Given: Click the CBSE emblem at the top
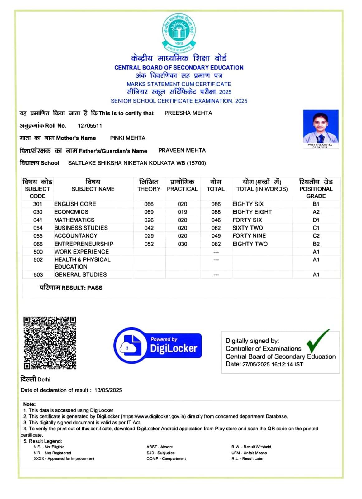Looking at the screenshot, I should tap(179, 33).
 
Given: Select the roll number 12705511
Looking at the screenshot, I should tap(90, 126).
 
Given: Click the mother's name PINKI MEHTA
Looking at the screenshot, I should tap(127, 138).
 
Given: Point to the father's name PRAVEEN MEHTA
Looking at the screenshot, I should tap(182, 150).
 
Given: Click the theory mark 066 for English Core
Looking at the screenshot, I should tap(149, 204).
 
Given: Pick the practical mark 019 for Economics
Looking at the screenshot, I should tap(182, 212).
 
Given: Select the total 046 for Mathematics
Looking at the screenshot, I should tap(216, 220).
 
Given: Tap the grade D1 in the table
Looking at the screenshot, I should tap(316, 220).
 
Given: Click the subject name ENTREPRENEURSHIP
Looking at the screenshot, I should tap(84, 244).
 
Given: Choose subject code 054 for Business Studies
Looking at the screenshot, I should tap(38, 228).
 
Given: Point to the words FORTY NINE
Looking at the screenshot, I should tap(249, 236).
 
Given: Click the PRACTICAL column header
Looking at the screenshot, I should tap(182, 189).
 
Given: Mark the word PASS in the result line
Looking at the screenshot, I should tap(95, 288).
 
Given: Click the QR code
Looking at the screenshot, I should tap(50, 343).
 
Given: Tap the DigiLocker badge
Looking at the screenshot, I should tap(158, 345).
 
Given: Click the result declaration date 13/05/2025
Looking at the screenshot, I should tap(108, 390).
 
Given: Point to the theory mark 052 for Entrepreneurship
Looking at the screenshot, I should tap(149, 244).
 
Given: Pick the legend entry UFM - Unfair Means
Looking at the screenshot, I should tap(249, 453).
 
